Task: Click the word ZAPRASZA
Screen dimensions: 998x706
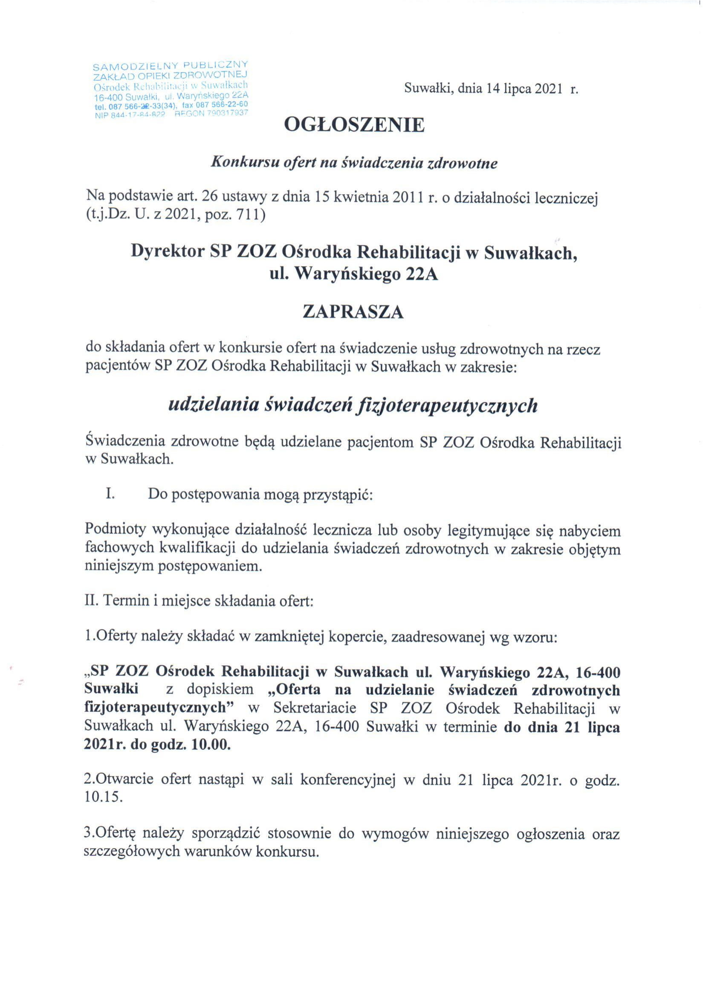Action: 353,312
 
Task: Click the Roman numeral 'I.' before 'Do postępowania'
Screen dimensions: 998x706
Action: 110,494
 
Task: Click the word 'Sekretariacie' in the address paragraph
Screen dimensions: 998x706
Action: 314,708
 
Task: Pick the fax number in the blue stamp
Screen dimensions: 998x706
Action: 222,105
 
